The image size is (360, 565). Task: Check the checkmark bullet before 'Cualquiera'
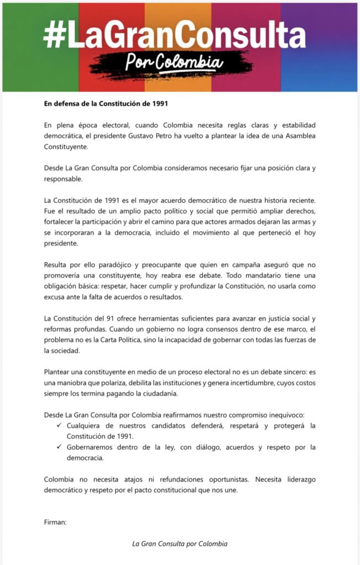(59, 425)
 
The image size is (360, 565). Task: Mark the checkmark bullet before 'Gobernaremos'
(59, 447)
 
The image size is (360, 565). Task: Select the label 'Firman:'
(55, 521)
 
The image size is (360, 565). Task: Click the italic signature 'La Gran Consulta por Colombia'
(179, 543)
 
